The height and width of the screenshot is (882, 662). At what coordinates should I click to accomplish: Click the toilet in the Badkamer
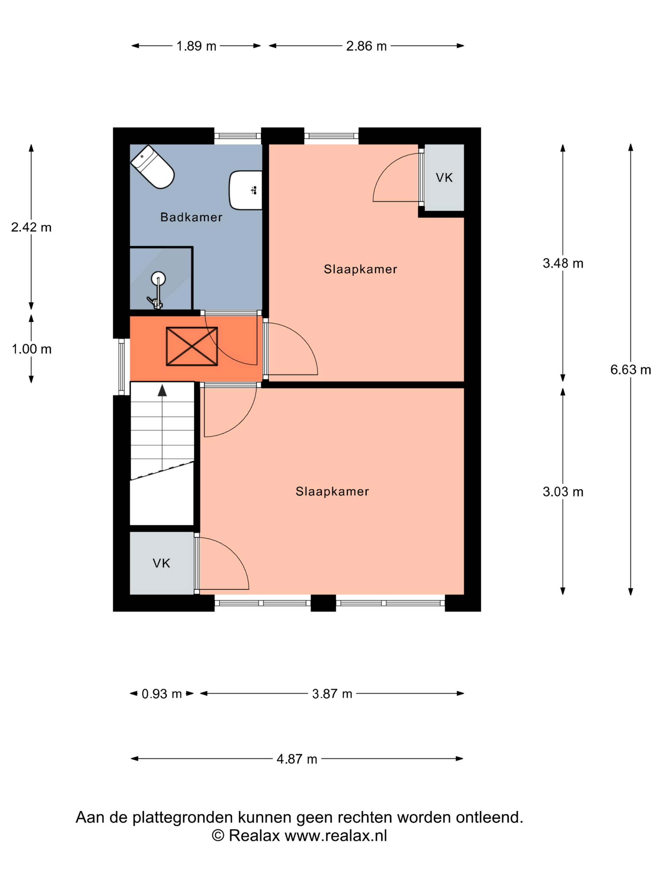[x=153, y=167]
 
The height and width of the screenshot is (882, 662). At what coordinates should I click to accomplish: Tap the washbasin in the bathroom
[x=245, y=190]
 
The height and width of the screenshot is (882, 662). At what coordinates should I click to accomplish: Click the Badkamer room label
[x=191, y=217]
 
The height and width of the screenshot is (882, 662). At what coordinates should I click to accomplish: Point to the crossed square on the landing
[x=192, y=346]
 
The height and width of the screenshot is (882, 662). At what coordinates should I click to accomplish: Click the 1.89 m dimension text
[x=196, y=46]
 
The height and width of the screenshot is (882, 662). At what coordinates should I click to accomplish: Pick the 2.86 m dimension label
[x=366, y=46]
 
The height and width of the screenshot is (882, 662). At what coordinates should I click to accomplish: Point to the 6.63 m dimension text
[x=630, y=369]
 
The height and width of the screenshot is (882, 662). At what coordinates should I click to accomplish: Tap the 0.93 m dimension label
[x=162, y=694]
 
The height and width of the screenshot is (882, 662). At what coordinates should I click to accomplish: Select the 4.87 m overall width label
[x=297, y=759]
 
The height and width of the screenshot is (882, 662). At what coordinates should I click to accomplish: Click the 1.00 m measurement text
[x=32, y=349]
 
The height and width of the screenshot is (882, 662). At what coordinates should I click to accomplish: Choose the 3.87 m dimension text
[x=332, y=694]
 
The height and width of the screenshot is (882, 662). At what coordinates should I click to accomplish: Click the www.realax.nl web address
[x=336, y=835]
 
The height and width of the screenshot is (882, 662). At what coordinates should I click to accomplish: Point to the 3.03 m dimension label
[x=563, y=492]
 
